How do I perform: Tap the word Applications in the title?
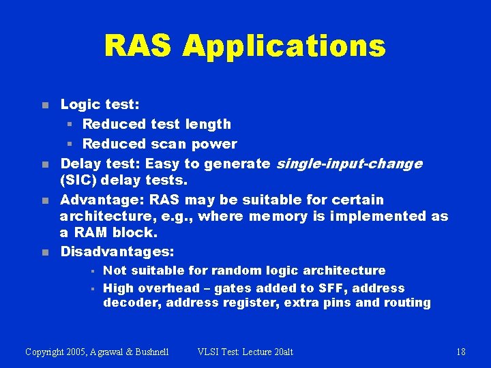point(284,46)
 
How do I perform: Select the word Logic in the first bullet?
point(80,104)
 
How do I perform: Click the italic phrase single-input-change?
point(348,164)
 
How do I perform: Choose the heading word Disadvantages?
point(117,251)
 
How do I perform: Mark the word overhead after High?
point(168,288)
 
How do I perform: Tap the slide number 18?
point(461,352)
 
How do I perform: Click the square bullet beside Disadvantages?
point(44,252)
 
